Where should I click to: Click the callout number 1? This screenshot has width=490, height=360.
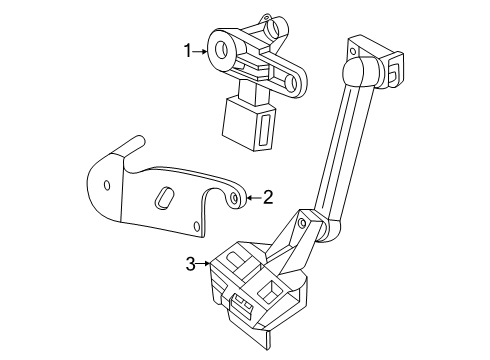[x=188, y=51]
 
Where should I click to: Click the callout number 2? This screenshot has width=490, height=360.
[x=268, y=198]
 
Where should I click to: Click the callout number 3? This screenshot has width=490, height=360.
[x=190, y=264]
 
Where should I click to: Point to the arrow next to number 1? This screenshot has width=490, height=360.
[x=200, y=51]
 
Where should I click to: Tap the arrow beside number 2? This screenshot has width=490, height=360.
[x=254, y=198]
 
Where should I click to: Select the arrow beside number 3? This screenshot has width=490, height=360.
[x=203, y=264]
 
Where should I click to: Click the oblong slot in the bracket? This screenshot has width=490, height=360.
[x=164, y=198]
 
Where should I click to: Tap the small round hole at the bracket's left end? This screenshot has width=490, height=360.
[x=107, y=185]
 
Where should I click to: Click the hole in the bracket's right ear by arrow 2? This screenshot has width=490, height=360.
[x=235, y=198]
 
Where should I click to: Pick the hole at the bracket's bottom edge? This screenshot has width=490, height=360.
[x=197, y=227]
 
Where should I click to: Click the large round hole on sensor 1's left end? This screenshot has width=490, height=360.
[x=221, y=50]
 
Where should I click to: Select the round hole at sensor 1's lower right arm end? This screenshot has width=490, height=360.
[x=294, y=83]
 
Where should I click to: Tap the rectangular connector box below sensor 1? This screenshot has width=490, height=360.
[x=249, y=124]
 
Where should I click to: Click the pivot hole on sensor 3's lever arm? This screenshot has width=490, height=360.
[x=302, y=222]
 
